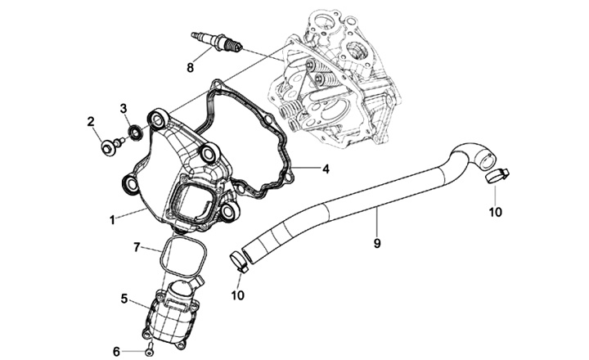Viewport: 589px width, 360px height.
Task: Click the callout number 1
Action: point(112,219)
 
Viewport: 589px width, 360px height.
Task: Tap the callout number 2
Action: point(92,122)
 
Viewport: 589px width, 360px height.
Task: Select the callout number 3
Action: point(124,108)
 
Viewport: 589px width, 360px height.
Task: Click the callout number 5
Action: point(124,299)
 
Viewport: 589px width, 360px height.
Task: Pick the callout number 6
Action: point(116,351)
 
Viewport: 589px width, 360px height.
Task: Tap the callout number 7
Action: point(137,245)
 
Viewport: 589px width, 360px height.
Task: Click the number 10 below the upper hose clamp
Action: point(495,212)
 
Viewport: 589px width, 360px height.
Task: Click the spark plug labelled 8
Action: point(214,39)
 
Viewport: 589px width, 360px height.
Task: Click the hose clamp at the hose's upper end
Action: point(496,175)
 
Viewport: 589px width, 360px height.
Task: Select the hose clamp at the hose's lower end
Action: point(240,262)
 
